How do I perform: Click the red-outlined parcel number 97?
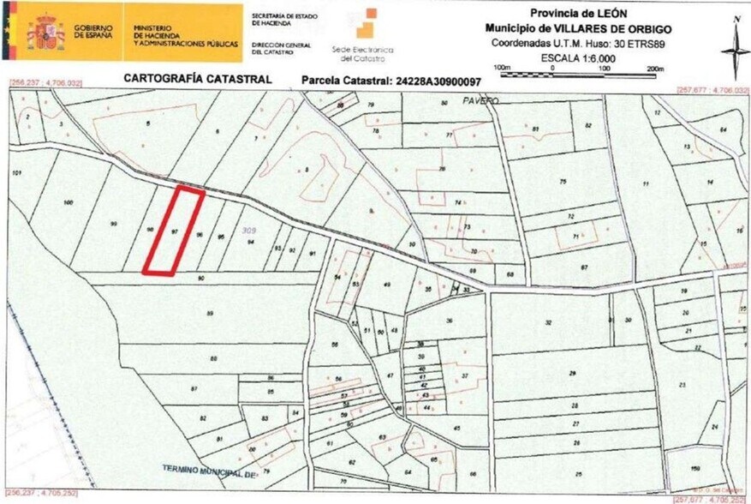tap(174, 231)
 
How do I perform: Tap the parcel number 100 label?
tap(68, 202)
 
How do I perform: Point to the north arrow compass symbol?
tap(734, 50)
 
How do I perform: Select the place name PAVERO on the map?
tap(482, 101)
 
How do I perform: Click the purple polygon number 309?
tap(249, 231)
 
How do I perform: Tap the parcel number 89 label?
tap(210, 314)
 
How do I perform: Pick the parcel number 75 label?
tap(563, 183)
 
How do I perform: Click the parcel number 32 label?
tap(548, 322)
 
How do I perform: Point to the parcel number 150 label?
tap(694, 468)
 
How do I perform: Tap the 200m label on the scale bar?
tap(656, 68)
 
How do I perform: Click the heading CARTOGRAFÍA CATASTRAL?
tap(198, 79)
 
